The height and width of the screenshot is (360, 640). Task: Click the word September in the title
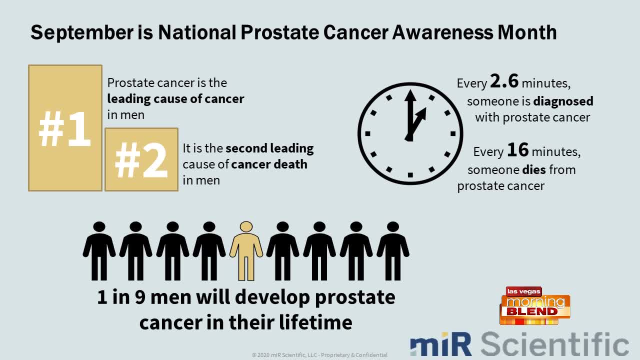[x=82, y=33]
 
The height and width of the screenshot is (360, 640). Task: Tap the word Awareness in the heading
[x=442, y=32]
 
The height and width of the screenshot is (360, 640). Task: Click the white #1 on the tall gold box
[x=65, y=129]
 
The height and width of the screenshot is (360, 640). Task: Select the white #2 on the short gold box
[x=141, y=160]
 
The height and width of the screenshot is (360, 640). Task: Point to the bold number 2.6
[x=504, y=81]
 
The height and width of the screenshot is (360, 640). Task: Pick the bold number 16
[x=517, y=149]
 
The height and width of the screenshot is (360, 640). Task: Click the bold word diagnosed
[x=563, y=101]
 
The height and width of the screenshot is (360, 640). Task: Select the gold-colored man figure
[x=246, y=251]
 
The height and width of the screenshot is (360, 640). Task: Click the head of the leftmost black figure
[x=99, y=227]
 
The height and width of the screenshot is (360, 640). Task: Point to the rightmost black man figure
[x=393, y=251]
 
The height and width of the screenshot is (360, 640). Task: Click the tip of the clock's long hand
[x=410, y=90]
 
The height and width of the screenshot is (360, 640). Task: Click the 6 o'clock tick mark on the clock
[x=410, y=175]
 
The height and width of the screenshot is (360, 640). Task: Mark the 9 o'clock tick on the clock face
[x=367, y=133]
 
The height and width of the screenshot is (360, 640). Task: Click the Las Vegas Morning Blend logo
[x=535, y=305]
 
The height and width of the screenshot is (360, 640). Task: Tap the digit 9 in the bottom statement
[x=140, y=297]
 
